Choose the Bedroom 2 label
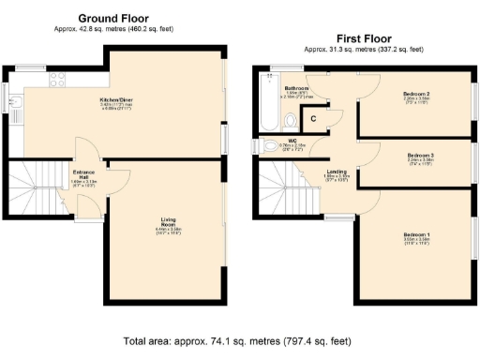point(416,95)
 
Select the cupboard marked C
point(313,117)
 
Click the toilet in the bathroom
point(292,119)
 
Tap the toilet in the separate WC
point(260,146)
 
